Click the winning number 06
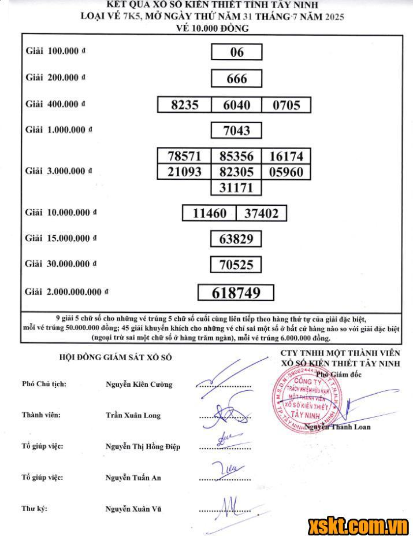[x=237, y=52]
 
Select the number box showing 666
[x=237, y=79]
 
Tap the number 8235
[x=185, y=105]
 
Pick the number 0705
[x=286, y=105]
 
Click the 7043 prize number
[x=237, y=131]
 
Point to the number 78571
[x=185, y=156]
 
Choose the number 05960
[x=286, y=172]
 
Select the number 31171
[x=237, y=187]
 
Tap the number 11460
[x=210, y=213]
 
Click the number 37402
[x=261, y=213]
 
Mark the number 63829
[x=236, y=239]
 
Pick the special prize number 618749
[x=236, y=293]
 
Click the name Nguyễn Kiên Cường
[x=139, y=384]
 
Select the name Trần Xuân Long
[x=133, y=415]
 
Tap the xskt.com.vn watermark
[x=358, y=524]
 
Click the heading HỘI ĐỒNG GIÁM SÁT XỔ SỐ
[x=116, y=357]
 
